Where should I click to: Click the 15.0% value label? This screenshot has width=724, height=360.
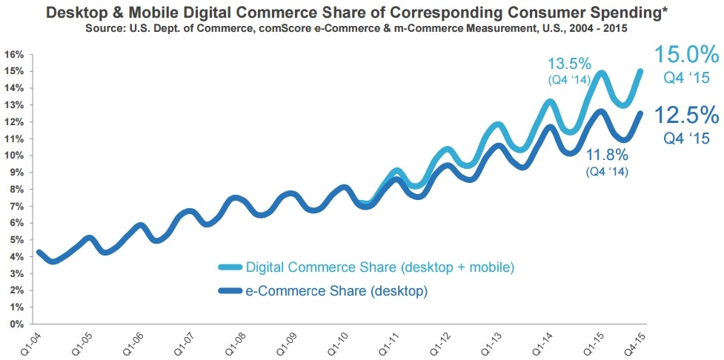[x=685, y=55]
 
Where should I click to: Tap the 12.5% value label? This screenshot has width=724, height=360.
[x=685, y=116]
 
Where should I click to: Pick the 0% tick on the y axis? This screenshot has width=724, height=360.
[x=17, y=324]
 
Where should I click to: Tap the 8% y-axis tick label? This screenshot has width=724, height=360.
[x=17, y=190]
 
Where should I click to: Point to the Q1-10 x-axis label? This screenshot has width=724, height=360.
[x=341, y=342]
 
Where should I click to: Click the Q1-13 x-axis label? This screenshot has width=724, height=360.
[x=493, y=342]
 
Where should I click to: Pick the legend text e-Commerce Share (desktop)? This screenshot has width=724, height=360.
[x=337, y=291]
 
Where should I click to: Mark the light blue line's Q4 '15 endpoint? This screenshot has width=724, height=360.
[x=641, y=71]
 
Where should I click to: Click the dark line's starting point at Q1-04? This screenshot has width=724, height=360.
[x=39, y=252]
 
